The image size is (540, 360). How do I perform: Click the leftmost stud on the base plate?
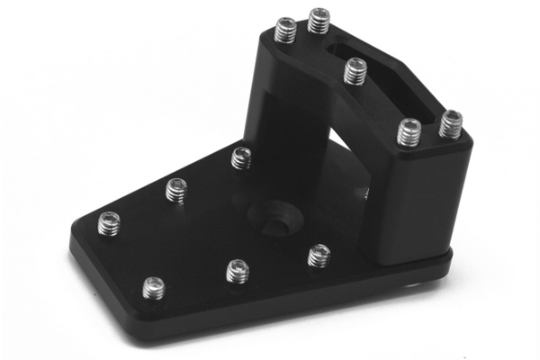click(109, 222)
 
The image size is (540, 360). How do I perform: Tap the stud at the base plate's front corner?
click(154, 288)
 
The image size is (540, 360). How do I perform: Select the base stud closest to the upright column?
click(241, 158)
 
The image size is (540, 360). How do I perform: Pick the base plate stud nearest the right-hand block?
click(319, 256)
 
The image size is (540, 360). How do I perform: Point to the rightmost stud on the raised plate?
click(451, 124)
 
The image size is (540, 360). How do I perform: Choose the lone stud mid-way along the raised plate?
click(355, 70)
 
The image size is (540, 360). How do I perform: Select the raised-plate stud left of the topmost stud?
click(285, 31)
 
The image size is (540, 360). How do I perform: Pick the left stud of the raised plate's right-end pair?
click(409, 132)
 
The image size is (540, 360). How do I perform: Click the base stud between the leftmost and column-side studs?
click(175, 190)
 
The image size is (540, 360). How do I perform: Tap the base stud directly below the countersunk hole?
click(237, 270)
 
